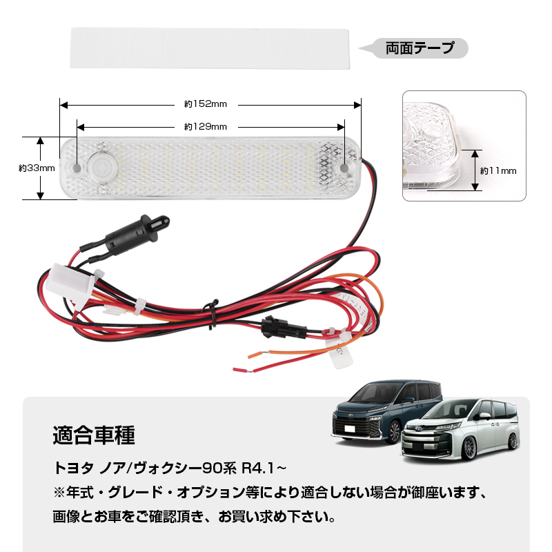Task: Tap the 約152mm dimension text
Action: (x=206, y=104)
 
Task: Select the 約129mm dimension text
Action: (x=206, y=127)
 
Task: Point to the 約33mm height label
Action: (x=37, y=168)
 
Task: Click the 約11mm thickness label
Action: (x=498, y=171)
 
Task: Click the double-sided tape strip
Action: (x=210, y=48)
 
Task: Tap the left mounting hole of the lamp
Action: (x=76, y=168)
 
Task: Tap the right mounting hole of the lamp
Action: (x=344, y=168)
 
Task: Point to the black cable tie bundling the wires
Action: (x=212, y=314)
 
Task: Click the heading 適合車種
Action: (x=94, y=435)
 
